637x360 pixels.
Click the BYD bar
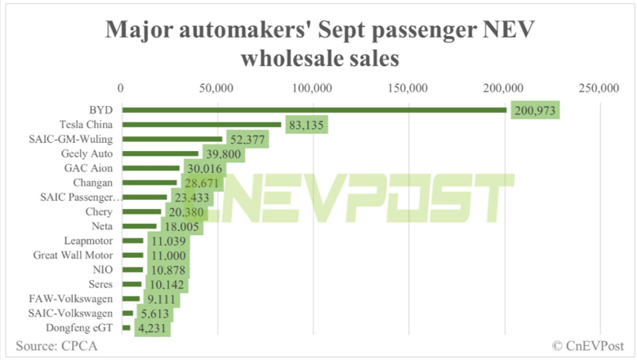pos(314,109)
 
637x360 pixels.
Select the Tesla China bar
pos(201,124)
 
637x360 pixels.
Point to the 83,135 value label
pos(305,124)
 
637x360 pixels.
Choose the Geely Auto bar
pos(160,153)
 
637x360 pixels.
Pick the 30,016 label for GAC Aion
pos(200,168)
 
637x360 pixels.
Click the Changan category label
pos(92,183)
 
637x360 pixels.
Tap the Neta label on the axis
pos(102,226)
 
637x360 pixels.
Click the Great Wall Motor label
pos(78,256)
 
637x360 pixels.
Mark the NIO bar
pos(132,270)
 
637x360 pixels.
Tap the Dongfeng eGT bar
pos(126,328)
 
